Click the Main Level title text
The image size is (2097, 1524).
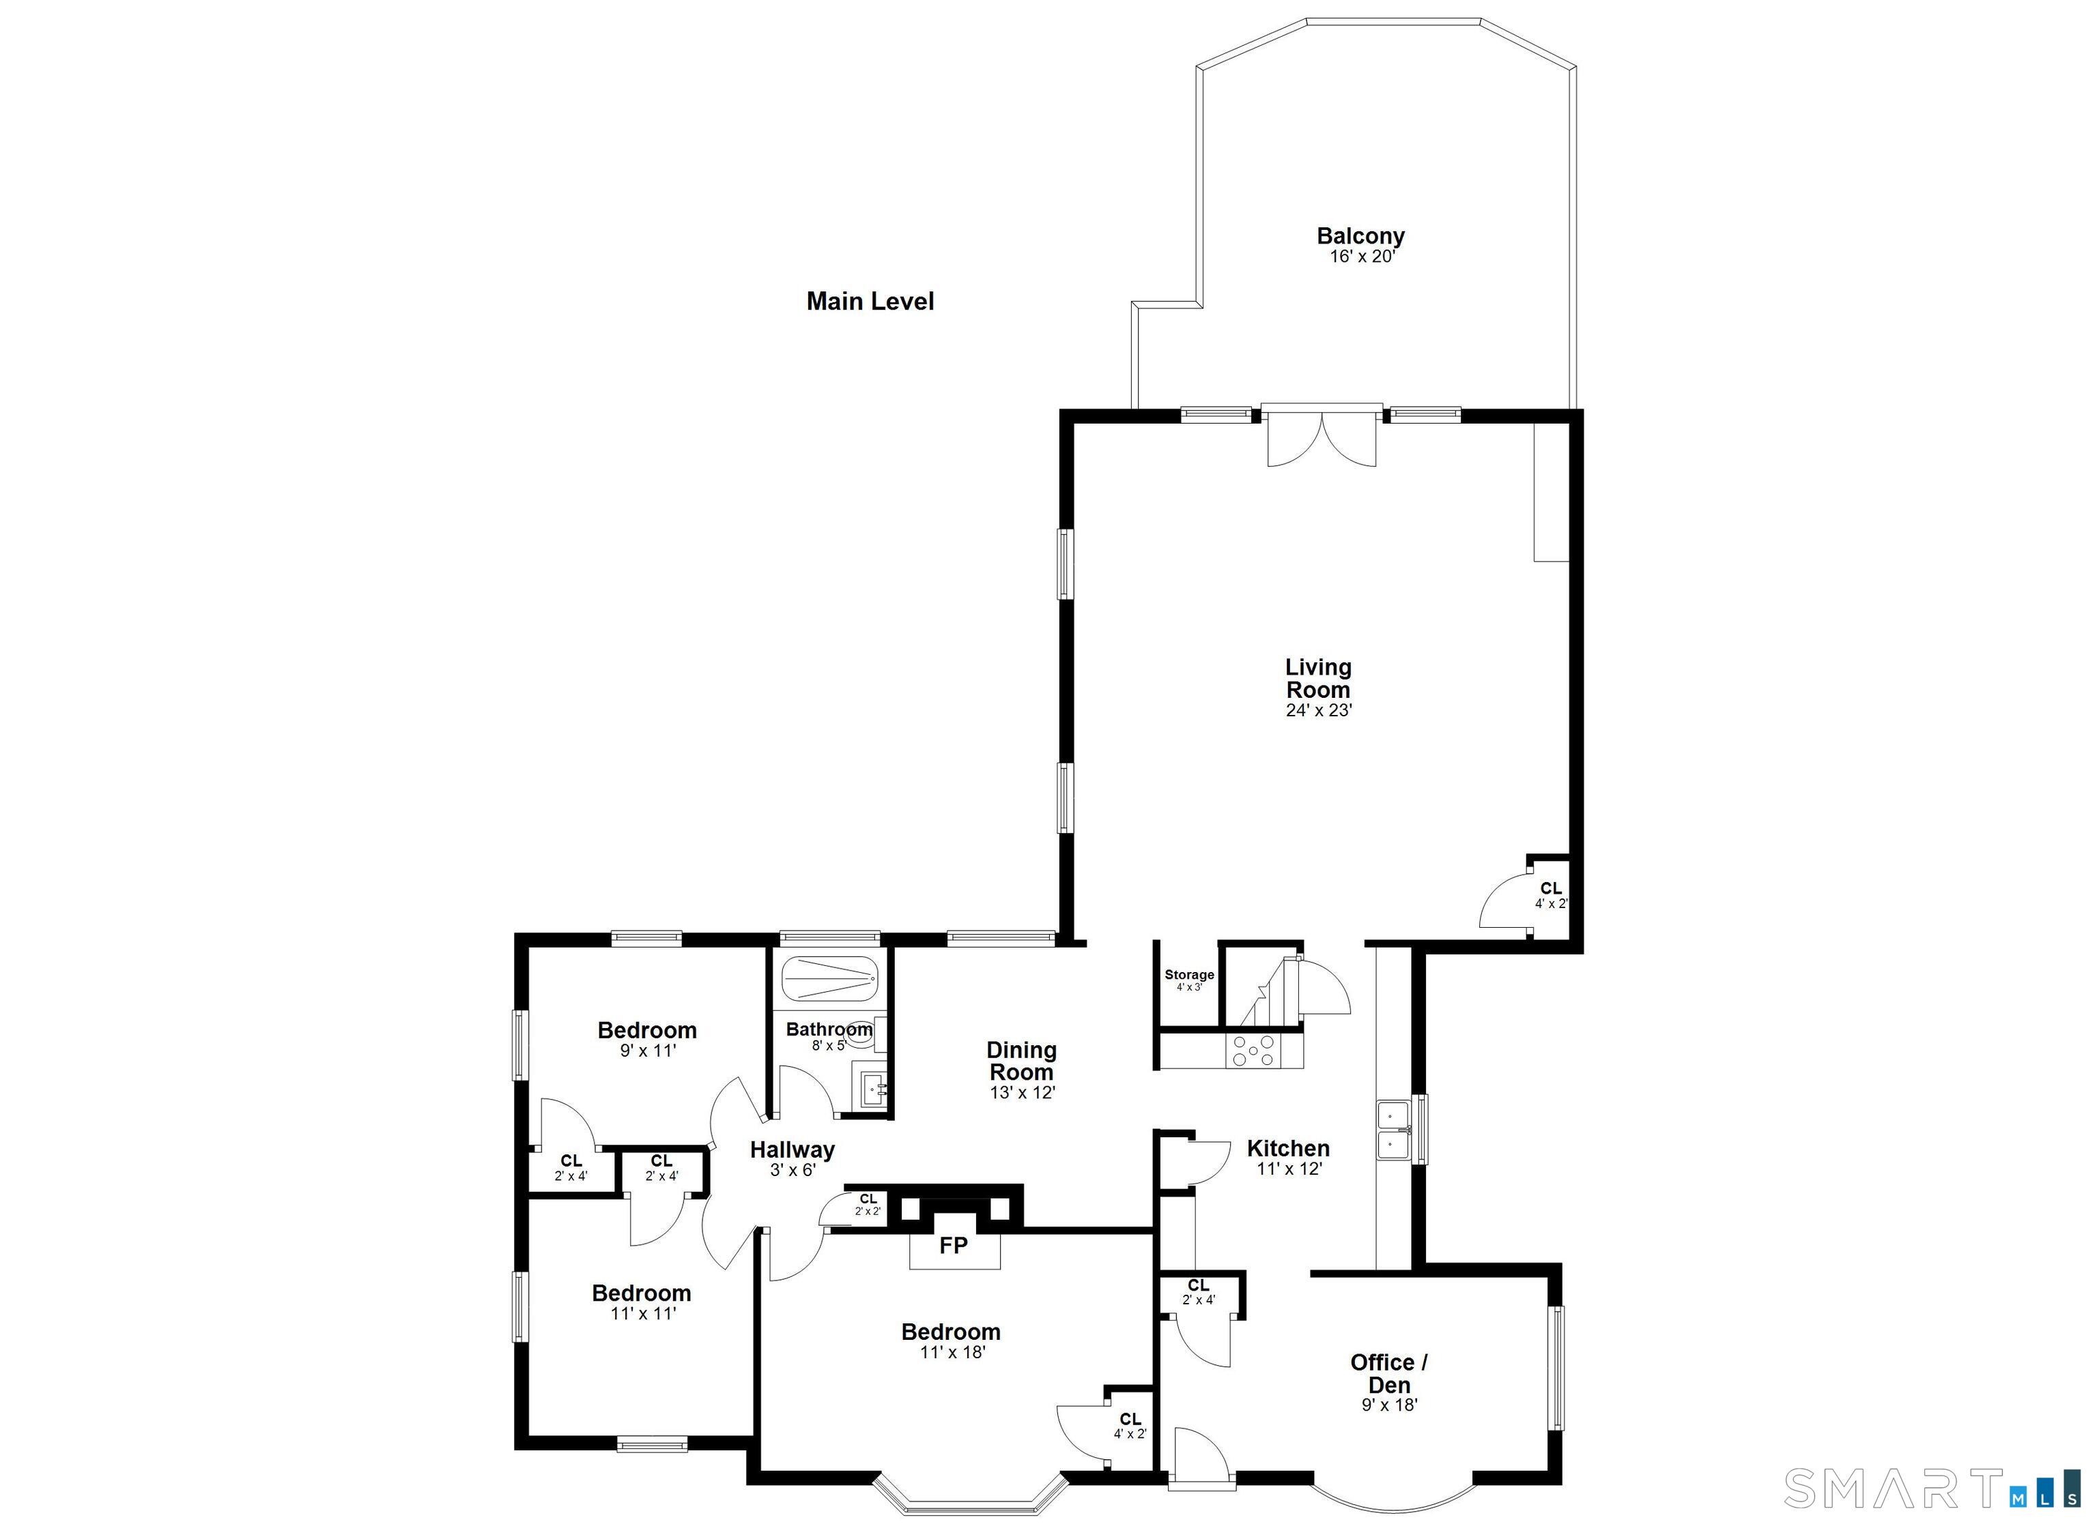coord(870,302)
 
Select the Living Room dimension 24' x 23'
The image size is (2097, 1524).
coord(1319,711)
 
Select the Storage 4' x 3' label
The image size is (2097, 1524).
coord(1189,980)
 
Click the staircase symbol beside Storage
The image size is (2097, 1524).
coord(1268,993)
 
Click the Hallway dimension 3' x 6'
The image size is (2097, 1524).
coord(793,1169)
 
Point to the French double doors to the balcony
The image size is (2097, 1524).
coord(1322,436)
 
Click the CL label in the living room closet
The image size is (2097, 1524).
coord(1550,888)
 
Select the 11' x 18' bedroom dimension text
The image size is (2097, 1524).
coord(952,1352)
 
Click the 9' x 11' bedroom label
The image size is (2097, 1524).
coord(646,1050)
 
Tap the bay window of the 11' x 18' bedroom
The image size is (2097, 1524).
coord(971,1493)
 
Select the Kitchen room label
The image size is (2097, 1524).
coord(1288,1149)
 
